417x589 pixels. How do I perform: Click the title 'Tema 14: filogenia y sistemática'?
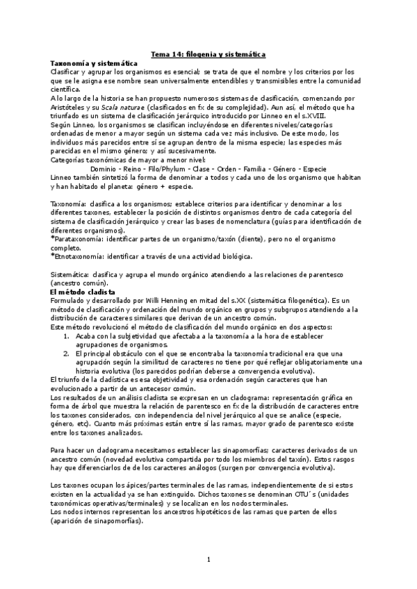click(208, 54)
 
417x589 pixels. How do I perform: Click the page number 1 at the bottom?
click(208, 558)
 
